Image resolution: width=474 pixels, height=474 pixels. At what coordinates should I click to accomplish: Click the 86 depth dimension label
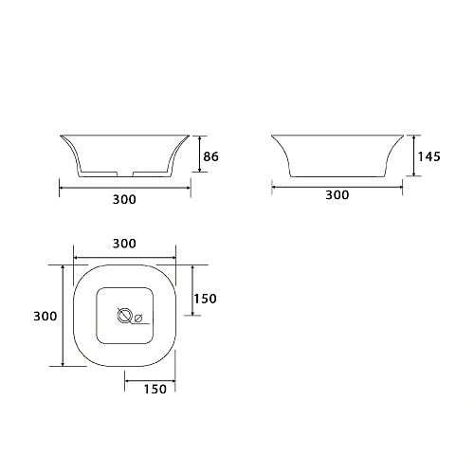click(x=210, y=156)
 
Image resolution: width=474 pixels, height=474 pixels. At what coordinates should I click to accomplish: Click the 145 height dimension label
click(x=428, y=156)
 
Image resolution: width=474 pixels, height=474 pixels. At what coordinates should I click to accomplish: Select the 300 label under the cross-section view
click(x=124, y=199)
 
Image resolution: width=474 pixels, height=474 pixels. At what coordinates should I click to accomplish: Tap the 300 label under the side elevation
click(x=337, y=195)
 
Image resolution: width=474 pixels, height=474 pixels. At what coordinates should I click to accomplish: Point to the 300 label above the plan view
click(x=124, y=244)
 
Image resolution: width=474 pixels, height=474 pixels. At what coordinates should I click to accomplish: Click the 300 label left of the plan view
click(x=46, y=316)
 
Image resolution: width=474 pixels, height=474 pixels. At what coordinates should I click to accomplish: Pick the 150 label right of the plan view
click(x=205, y=299)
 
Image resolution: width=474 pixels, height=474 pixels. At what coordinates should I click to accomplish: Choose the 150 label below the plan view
click(x=155, y=389)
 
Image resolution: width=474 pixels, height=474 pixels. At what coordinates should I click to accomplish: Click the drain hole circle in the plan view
click(x=124, y=316)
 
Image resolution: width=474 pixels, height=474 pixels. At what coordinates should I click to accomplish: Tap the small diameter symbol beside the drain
click(x=138, y=318)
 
